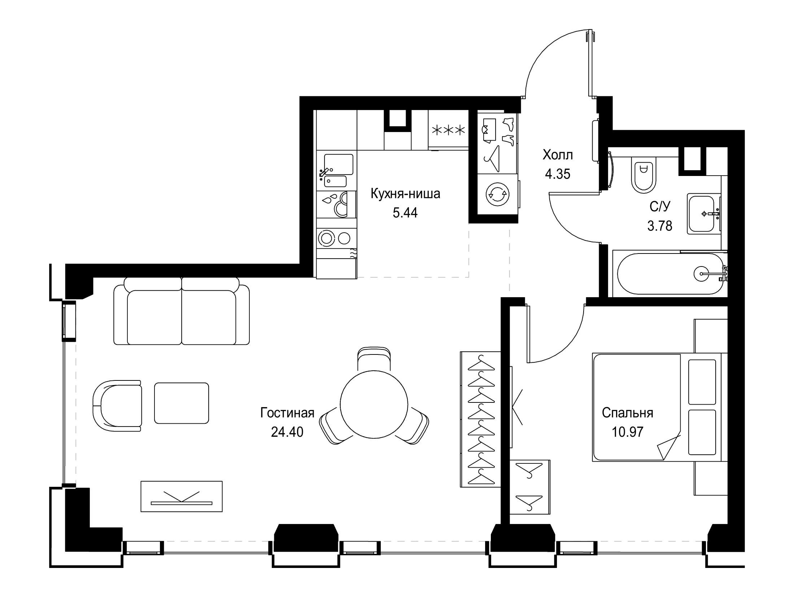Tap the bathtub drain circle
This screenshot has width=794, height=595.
[x=702, y=274]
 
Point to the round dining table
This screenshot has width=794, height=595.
[x=374, y=404]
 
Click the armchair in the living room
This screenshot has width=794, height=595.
[x=117, y=405]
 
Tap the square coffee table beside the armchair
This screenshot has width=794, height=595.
[x=182, y=403]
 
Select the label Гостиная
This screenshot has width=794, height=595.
[x=287, y=413]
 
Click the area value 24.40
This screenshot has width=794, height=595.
[x=287, y=432]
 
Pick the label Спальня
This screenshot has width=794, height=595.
[x=628, y=413]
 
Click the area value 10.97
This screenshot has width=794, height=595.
[x=628, y=432]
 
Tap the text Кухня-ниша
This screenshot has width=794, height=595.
[x=405, y=194]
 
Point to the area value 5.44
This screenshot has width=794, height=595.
[x=405, y=213]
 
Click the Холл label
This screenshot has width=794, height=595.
[x=558, y=155]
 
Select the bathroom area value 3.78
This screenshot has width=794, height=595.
[x=660, y=226]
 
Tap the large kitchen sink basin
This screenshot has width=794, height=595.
[x=339, y=164]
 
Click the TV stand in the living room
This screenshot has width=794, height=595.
[x=182, y=496]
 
